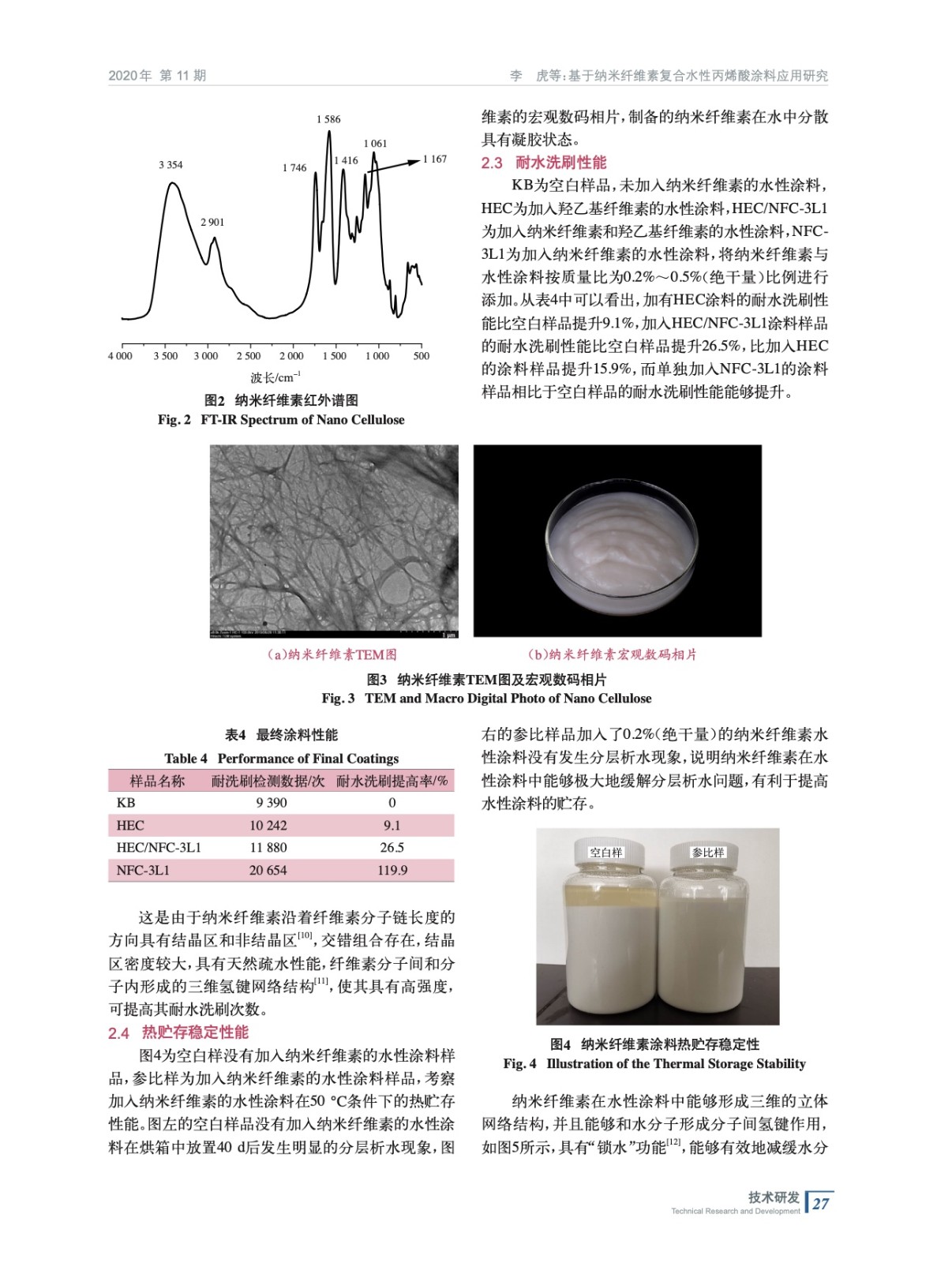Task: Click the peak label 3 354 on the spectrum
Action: (x=171, y=165)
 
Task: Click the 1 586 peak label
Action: (x=328, y=119)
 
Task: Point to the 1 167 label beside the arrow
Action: (x=435, y=159)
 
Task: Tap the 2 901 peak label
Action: (x=212, y=223)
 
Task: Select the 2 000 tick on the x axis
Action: (x=290, y=356)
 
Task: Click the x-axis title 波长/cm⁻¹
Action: (x=275, y=377)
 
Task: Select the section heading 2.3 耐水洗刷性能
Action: (x=544, y=163)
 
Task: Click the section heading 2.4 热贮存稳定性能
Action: (x=178, y=1033)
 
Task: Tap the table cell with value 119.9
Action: (x=392, y=870)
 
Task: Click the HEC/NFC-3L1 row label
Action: (x=159, y=847)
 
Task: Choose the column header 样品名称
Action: (x=157, y=781)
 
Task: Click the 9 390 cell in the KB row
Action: (x=271, y=802)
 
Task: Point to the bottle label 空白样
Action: (x=606, y=852)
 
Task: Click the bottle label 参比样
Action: (x=708, y=852)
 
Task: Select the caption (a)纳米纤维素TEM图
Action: (x=332, y=654)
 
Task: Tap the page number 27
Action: (x=820, y=1203)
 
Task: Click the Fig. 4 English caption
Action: (x=654, y=1063)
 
